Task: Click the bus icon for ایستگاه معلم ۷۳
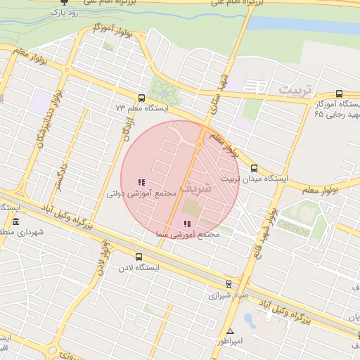(x=142, y=98)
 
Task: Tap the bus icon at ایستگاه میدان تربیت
(x=254, y=168)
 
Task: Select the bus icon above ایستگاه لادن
(x=139, y=257)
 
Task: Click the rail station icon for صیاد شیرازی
(x=229, y=284)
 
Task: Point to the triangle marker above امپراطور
(x=230, y=331)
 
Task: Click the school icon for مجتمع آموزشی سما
(x=186, y=224)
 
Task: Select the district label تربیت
(x=298, y=91)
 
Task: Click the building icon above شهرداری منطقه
(x=15, y=221)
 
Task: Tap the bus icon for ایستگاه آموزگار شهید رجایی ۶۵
(x=340, y=93)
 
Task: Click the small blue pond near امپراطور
(x=249, y=320)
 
